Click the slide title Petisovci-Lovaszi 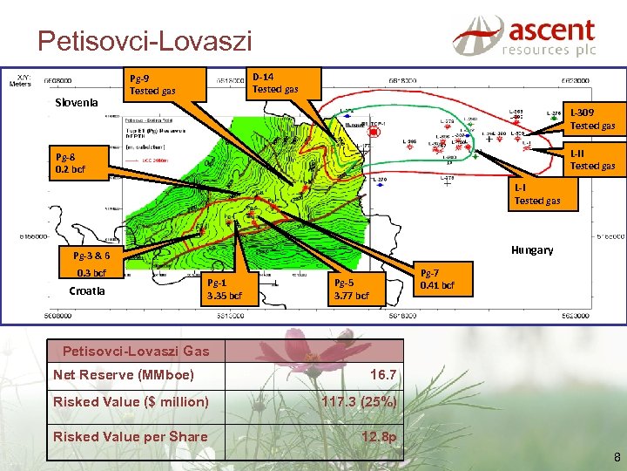tap(145, 40)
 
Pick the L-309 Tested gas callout tap(591, 119)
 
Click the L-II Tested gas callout tap(591, 160)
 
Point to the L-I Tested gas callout tap(536, 195)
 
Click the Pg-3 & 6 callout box tap(91, 256)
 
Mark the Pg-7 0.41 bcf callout tap(436, 279)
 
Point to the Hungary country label tap(532, 249)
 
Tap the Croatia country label tap(87, 290)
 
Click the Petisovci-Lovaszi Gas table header tap(136, 351)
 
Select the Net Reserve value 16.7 tap(383, 374)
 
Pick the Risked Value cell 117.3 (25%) tap(359, 402)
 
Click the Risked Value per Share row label tap(131, 436)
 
